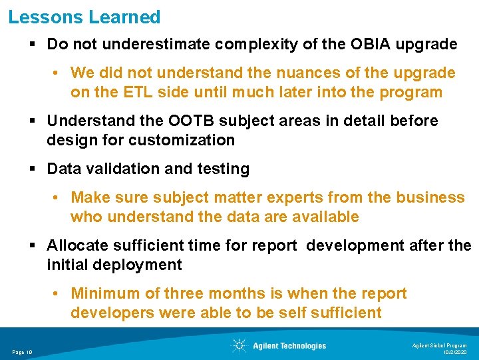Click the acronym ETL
click(139, 92)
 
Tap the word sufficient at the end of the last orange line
click(343, 313)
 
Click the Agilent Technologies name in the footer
click(289, 345)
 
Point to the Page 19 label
click(23, 352)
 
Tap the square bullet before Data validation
click(34, 169)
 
